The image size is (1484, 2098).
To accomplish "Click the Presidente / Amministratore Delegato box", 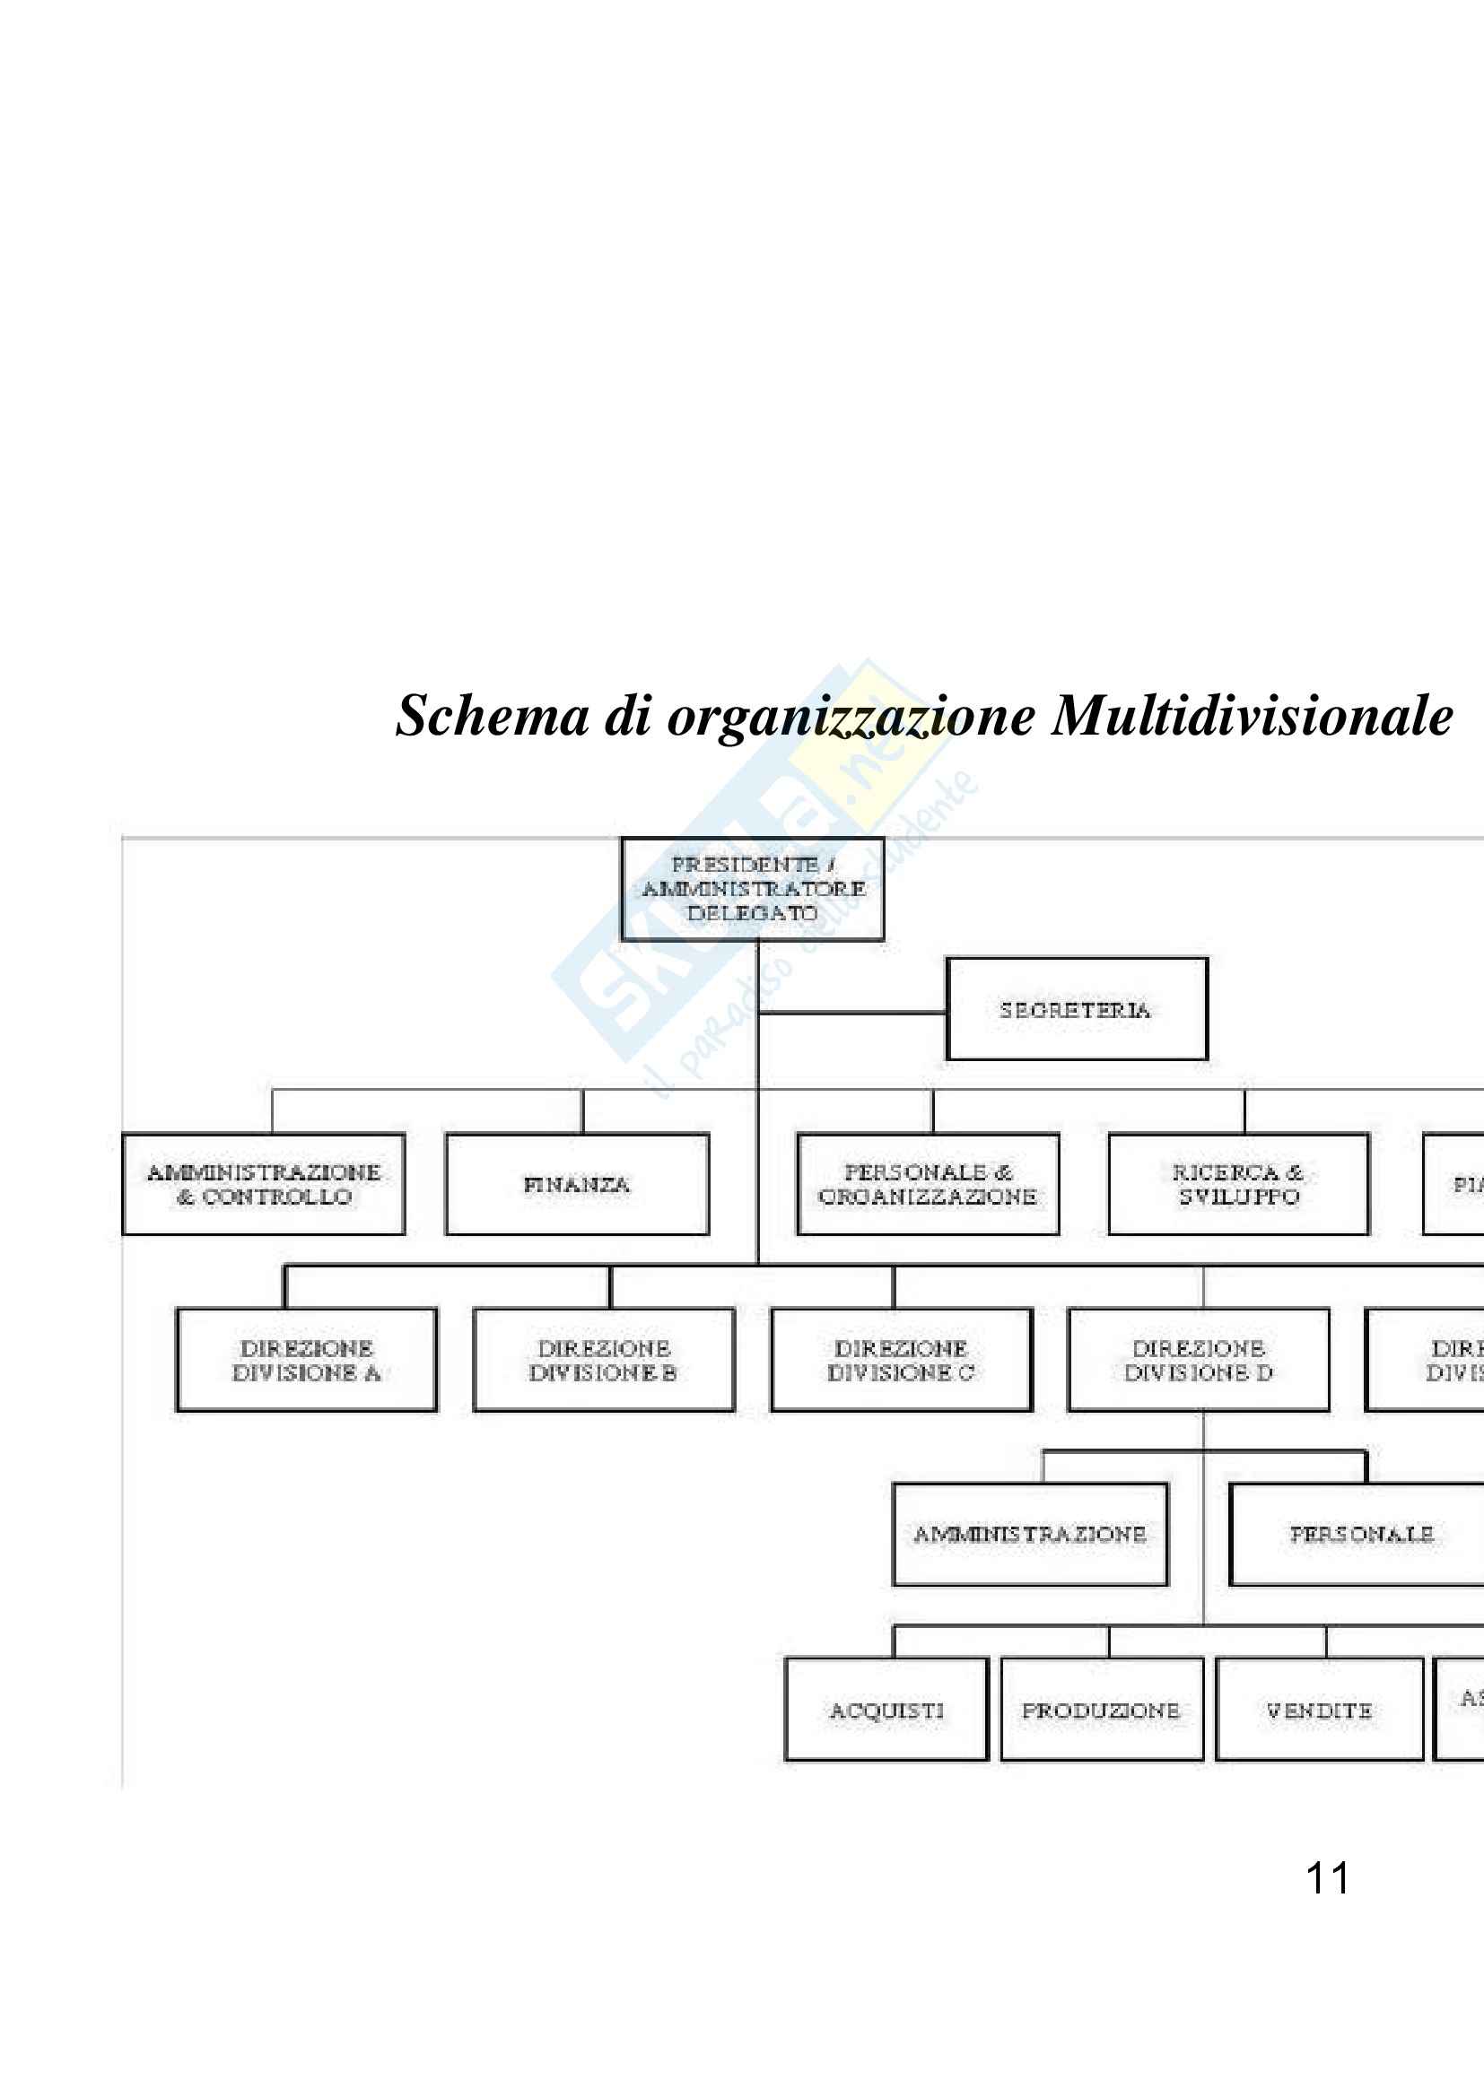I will (752, 889).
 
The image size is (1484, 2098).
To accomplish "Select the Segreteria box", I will (1077, 1009).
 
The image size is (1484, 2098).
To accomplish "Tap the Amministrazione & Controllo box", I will (263, 1184).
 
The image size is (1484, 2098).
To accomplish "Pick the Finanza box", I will (577, 1184).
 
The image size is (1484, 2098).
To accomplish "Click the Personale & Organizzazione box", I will (928, 1184).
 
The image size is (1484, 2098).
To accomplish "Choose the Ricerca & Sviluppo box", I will (1238, 1184).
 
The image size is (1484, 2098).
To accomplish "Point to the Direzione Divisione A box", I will (306, 1361).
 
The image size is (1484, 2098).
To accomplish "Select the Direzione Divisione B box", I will (603, 1361).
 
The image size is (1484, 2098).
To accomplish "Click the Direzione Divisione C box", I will (901, 1361).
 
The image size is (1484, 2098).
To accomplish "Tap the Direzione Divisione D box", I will (1198, 1361).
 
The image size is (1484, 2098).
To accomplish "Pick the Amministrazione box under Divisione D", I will (1030, 1535).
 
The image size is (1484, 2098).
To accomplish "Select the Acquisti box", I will (886, 1710).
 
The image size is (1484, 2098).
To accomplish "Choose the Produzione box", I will (1101, 1710).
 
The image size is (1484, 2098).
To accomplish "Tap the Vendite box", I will (1319, 1710).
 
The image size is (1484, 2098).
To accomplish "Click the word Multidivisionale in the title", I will (1252, 716).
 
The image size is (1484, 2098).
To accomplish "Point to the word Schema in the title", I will (492, 716).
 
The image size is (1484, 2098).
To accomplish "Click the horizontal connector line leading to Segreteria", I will (851, 1013).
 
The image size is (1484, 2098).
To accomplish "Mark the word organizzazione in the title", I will (851, 718).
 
